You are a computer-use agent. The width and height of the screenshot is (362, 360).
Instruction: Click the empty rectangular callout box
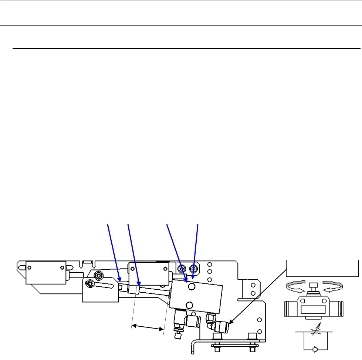click(x=322, y=268)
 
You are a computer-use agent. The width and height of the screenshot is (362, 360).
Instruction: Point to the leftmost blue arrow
click(x=112, y=252)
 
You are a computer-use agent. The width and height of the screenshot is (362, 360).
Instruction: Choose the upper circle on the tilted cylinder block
click(x=192, y=287)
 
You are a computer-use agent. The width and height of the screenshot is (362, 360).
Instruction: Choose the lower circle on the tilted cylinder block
click(x=189, y=305)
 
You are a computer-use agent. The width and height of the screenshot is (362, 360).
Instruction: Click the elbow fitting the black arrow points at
click(x=222, y=317)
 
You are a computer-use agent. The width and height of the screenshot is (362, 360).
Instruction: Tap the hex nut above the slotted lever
click(x=98, y=275)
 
